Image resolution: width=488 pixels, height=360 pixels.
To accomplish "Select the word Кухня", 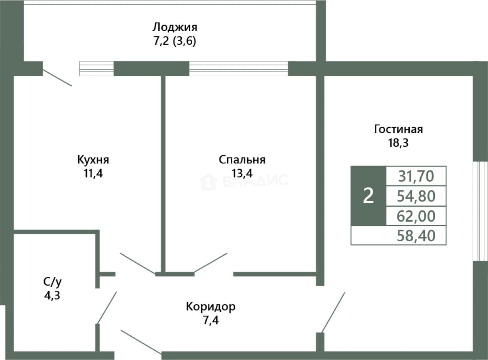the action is point(93,160).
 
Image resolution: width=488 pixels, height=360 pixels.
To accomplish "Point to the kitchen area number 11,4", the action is point(93,174).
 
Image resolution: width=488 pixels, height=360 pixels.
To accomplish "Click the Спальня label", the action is point(242,160).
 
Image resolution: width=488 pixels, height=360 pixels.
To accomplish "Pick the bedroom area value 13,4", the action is point(242,174).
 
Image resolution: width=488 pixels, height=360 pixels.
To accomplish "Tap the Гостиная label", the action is point(398,129).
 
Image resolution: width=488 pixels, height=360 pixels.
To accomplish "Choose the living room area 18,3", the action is point(398,143).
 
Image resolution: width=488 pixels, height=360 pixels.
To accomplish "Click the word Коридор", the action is point(211,307).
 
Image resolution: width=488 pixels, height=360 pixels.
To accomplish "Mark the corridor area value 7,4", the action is point(211,320).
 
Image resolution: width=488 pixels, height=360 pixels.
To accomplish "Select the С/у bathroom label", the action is point(52,283).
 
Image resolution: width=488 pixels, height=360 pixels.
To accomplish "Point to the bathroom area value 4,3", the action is point(52,296).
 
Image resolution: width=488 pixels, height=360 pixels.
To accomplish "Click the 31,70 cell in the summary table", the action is point(416,176).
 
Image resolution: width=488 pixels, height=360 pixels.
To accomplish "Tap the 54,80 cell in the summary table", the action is point(416,196).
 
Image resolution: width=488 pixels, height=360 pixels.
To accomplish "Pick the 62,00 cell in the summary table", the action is point(416,216).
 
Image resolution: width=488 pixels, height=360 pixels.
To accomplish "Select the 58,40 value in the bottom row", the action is point(416,236).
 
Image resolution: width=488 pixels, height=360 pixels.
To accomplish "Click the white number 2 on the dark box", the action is point(369,196).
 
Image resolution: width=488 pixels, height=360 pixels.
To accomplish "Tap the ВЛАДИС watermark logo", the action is point(244,181).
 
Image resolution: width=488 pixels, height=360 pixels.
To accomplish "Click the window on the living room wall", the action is point(480,211).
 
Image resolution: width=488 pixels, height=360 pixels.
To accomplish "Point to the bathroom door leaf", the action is point(107,307).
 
